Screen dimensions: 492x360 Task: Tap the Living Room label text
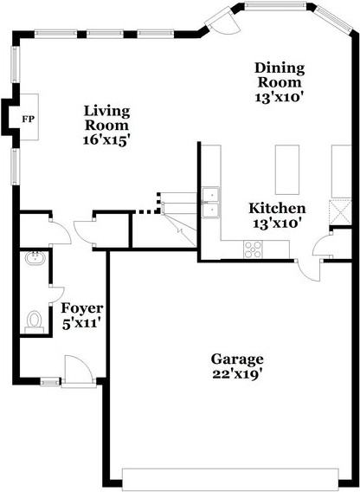[106, 118]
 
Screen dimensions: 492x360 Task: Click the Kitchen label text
[277, 209]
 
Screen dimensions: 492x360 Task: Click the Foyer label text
[82, 308]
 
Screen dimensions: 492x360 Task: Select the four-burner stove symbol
[254, 249]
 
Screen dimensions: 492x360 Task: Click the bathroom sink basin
[36, 257]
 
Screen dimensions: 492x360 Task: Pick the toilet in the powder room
[35, 321]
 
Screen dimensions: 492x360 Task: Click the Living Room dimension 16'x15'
[106, 139]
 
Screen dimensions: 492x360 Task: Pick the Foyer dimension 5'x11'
[82, 324]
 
